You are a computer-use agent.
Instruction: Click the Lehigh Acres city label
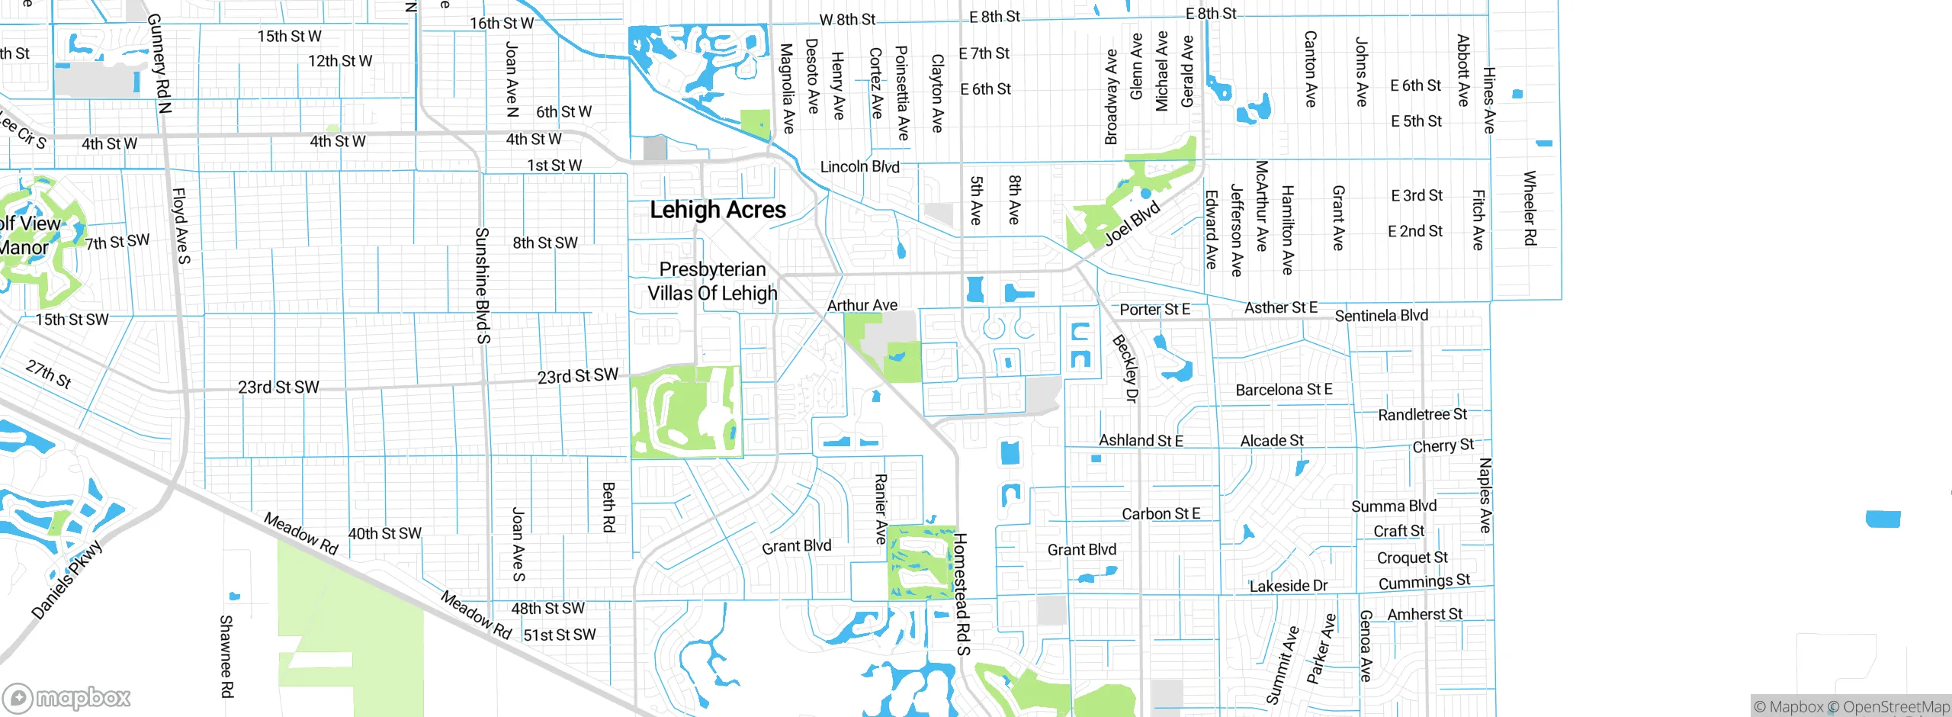[718, 210]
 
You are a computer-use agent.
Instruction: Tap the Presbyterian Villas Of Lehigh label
[712, 281]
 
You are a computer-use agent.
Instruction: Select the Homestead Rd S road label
[962, 594]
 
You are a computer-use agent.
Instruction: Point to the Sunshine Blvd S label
[482, 285]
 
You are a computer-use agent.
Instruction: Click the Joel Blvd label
[1132, 223]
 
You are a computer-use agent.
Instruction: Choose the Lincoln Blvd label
[859, 166]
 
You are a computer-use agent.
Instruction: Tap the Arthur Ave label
[862, 305]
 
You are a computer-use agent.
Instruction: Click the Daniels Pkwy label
[67, 580]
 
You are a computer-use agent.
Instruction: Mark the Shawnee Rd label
[226, 656]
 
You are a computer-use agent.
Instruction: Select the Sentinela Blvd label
[1381, 315]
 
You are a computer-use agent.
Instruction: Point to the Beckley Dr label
[1125, 368]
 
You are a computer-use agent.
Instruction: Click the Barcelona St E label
[1284, 390]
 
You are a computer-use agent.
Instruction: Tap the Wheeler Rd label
[1529, 207]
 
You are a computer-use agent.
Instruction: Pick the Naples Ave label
[1485, 495]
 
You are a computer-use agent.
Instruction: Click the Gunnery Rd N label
[159, 63]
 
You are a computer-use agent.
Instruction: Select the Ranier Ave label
[881, 509]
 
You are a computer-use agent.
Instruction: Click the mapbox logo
[67, 697]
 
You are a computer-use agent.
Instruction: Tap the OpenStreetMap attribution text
[1896, 707]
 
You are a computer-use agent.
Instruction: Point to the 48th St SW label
[547, 609]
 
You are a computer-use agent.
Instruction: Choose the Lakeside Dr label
[1288, 586]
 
